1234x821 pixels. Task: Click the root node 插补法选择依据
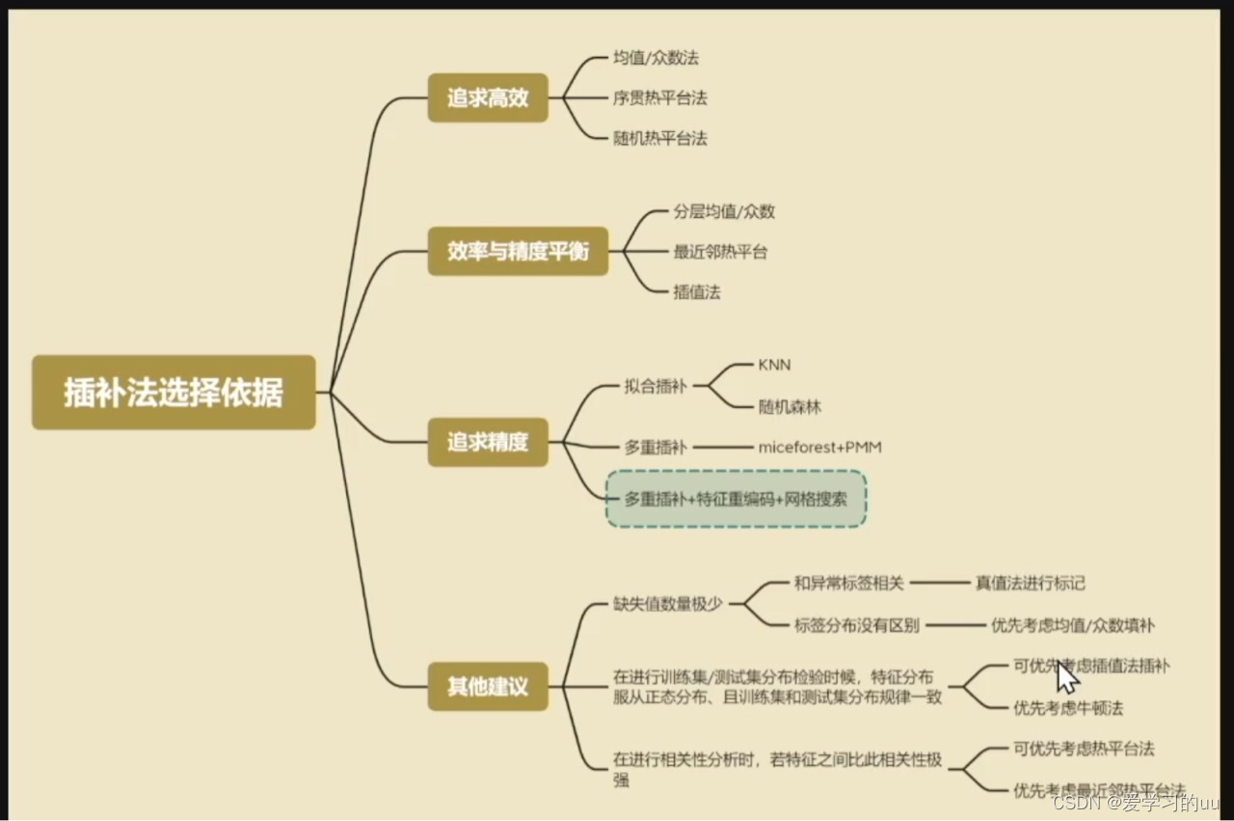(174, 392)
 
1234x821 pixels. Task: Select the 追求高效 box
(488, 97)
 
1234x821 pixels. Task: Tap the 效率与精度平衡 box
(518, 252)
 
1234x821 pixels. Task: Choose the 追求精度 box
(488, 442)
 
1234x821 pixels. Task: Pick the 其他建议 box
(488, 687)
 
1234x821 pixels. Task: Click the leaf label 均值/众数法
(657, 57)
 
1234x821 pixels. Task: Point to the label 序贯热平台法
(660, 98)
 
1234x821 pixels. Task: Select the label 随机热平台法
(660, 138)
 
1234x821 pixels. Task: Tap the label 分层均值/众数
(724, 211)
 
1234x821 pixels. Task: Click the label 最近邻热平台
(720, 252)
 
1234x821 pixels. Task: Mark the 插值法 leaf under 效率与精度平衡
(697, 291)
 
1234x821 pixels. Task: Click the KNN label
(774, 365)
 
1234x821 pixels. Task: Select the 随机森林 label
(790, 407)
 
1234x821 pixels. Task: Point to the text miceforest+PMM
(819, 448)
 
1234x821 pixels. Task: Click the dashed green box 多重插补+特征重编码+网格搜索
(736, 499)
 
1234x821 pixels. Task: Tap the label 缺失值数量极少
(668, 604)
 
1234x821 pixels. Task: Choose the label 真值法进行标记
(1031, 583)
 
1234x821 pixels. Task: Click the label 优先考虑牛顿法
(1068, 708)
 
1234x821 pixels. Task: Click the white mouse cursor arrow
(1066, 677)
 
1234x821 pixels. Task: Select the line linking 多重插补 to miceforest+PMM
(722, 448)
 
